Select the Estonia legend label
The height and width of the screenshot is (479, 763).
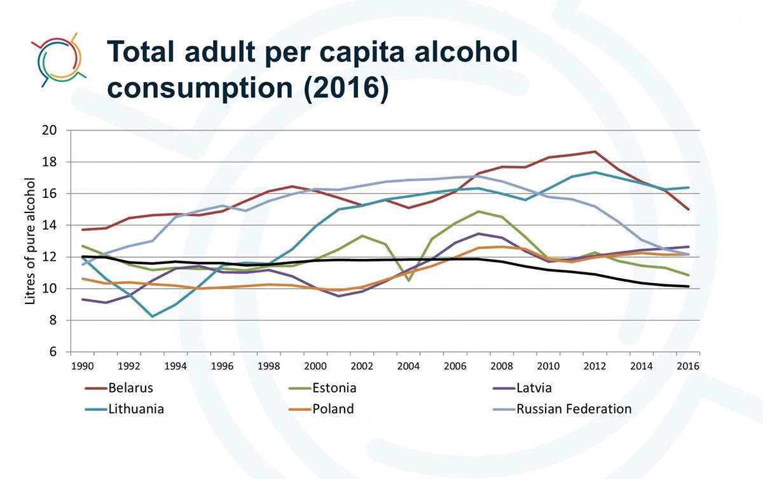334,387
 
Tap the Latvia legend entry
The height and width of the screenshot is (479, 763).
534,387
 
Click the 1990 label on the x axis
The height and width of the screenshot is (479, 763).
82,366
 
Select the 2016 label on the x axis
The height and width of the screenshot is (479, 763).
688,366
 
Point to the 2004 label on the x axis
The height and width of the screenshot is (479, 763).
409,366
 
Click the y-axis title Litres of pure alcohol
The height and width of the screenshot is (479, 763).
30,240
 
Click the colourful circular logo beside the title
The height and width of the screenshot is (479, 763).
58,59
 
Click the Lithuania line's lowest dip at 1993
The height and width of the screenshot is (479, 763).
153,316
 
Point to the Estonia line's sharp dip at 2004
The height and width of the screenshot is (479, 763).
409,281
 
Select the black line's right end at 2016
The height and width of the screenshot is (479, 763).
689,286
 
